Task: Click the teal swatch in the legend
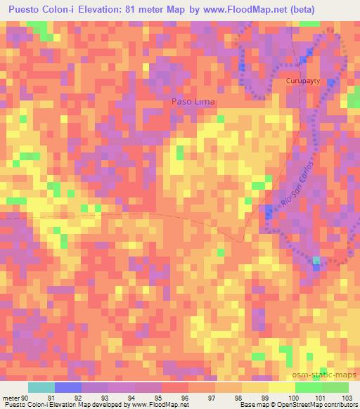(x=41, y=388)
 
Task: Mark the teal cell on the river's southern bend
(x=316, y=261)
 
